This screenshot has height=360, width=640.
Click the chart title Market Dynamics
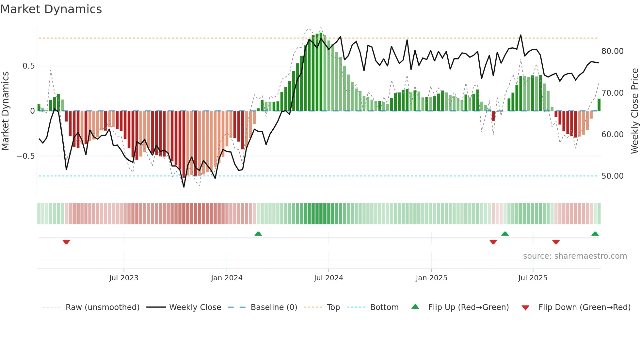point(51,9)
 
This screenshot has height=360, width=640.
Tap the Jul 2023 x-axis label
point(124,278)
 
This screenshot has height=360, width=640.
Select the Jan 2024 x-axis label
point(227,278)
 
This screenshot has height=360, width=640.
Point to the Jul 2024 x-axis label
point(328,278)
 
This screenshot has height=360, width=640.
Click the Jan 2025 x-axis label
point(431,278)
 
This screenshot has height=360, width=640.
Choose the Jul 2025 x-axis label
point(533,278)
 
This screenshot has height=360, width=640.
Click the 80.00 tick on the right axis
point(612,51)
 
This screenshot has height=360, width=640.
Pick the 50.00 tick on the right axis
point(612,176)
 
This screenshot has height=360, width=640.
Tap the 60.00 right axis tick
point(612,135)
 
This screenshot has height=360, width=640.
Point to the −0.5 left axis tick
point(25,156)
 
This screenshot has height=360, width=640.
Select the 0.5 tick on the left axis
point(28,66)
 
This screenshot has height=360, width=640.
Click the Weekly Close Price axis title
point(634,111)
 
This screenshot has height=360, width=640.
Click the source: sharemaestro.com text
point(575,256)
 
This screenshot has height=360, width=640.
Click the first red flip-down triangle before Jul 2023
point(66,242)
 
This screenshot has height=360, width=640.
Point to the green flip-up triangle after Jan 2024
point(258,234)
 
